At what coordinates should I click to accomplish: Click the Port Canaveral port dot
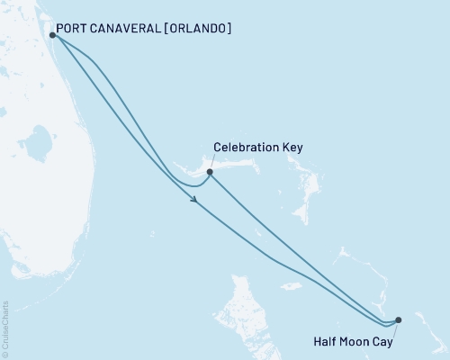tap(53, 36)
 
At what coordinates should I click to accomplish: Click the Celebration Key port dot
tap(209, 172)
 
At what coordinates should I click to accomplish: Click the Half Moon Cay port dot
tap(398, 319)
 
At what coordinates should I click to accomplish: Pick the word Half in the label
tap(325, 341)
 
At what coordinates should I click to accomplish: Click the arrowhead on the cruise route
tap(194, 200)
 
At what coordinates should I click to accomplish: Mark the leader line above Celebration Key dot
tap(211, 162)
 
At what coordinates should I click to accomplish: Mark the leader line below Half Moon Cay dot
tap(396, 328)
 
